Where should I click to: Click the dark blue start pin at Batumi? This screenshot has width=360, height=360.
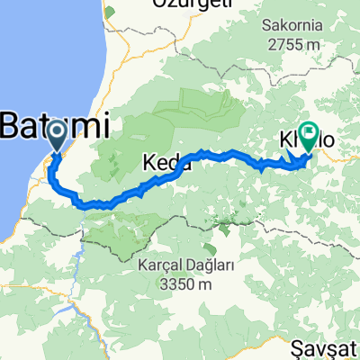pyautogui.click(x=56, y=137)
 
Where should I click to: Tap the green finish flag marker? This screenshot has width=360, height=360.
pyautogui.click(x=309, y=135)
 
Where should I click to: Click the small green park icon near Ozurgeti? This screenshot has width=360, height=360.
pyautogui.click(x=110, y=13)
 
